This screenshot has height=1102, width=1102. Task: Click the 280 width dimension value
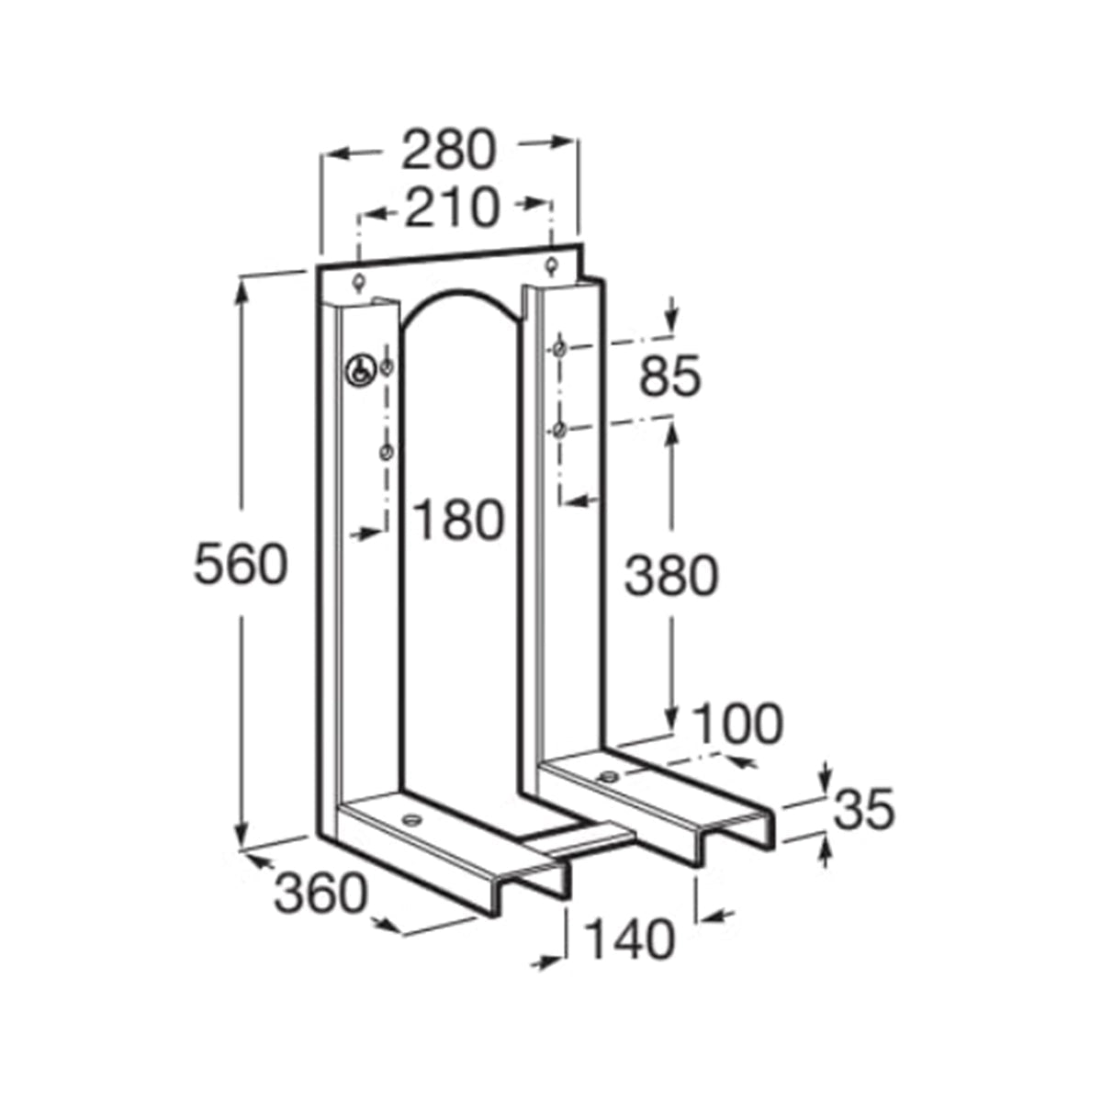(x=448, y=151)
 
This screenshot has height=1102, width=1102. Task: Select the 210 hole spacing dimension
(x=452, y=208)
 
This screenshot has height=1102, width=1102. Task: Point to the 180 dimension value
(x=458, y=521)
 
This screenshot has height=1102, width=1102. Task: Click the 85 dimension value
(x=669, y=377)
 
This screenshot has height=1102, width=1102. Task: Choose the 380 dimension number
(x=670, y=576)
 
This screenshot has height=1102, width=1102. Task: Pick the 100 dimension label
(x=737, y=724)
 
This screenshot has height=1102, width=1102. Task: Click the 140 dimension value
(x=630, y=940)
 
